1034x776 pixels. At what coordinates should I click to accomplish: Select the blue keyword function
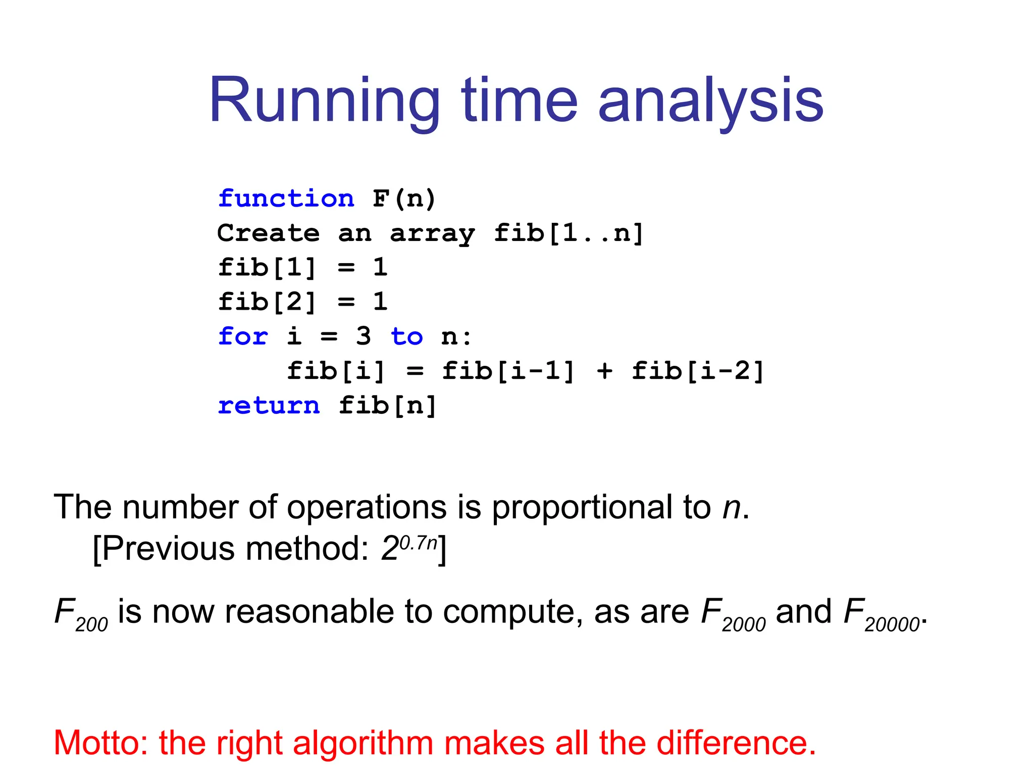pos(286,198)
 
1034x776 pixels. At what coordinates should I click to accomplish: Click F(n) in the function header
pos(404,198)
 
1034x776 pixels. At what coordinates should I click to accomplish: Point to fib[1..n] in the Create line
pos(568,233)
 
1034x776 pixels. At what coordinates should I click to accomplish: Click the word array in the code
pos(432,233)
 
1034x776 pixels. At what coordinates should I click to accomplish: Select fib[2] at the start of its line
pos(267,302)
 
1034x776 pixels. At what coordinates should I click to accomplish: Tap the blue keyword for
pos(243,336)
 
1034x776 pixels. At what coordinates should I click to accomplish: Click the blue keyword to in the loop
pos(406,336)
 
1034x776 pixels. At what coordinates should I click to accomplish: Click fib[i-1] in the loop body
pos(508,371)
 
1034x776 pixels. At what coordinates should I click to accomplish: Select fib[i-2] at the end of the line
pos(698,371)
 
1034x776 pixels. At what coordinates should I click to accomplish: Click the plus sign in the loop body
pos(604,371)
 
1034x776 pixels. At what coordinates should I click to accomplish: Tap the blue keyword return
pos(269,405)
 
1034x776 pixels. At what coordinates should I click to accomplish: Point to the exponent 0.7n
pos(418,543)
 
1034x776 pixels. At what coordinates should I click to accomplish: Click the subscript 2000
pos(744,625)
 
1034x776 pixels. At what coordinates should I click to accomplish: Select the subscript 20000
pos(892,625)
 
